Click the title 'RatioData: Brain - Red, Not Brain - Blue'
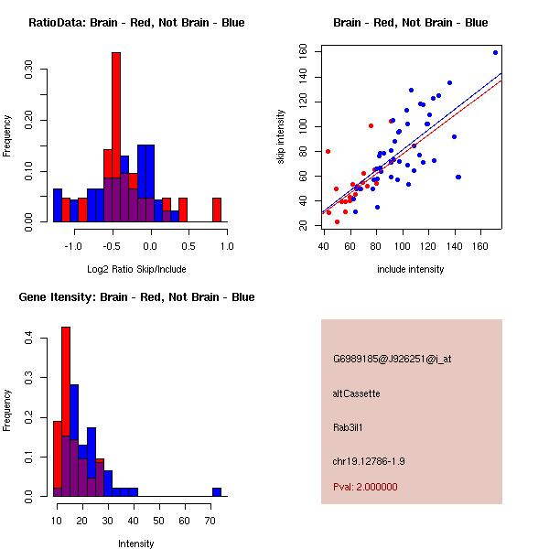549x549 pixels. click(x=136, y=23)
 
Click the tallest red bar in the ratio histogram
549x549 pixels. click(x=116, y=137)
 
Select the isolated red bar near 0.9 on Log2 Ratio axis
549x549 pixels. click(x=217, y=210)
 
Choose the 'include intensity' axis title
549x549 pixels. click(x=411, y=269)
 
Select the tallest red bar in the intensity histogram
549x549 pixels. click(x=66, y=412)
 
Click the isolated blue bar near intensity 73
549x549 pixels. click(x=217, y=491)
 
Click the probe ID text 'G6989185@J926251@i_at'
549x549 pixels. click(x=392, y=359)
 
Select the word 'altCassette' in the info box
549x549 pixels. click(x=356, y=393)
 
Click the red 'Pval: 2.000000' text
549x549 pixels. click(x=365, y=487)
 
